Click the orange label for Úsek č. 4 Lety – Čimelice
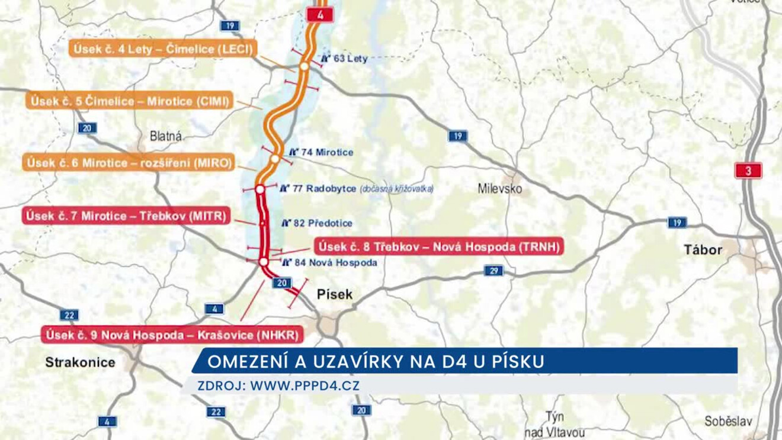[163, 49]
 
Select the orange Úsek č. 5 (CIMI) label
[130, 101]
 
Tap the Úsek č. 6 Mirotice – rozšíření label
[129, 163]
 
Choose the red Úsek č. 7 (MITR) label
[126, 216]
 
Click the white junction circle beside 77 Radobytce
[259, 189]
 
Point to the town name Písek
[335, 294]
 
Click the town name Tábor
[703, 250]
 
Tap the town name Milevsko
[500, 189]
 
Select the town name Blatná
[166, 136]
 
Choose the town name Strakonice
[80, 362]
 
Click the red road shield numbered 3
[748, 171]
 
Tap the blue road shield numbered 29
[493, 271]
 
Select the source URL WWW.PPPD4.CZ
[305, 386]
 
